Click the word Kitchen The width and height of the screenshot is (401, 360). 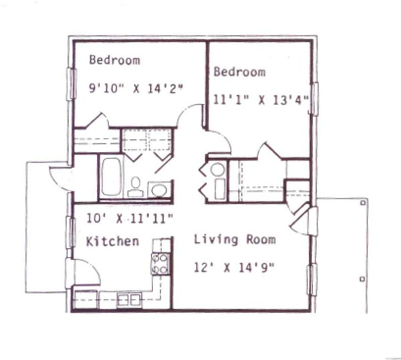coord(112,241)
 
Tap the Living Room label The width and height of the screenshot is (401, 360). coord(234,240)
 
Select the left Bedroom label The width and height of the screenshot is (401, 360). coord(114,60)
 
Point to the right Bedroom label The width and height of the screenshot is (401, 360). coord(239,72)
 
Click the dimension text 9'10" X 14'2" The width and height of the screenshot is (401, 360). coord(136,87)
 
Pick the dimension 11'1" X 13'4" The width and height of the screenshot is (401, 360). coord(260,100)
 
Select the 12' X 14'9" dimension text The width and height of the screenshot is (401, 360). coord(233,267)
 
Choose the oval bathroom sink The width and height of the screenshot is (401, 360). coord(158,189)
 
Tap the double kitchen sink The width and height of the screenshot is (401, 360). coord(128,299)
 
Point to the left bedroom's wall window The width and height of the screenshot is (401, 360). coord(70,84)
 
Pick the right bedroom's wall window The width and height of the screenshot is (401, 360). coord(313,98)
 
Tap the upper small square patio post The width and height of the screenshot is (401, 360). coord(362,201)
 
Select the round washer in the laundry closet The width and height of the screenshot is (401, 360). coord(217,169)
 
